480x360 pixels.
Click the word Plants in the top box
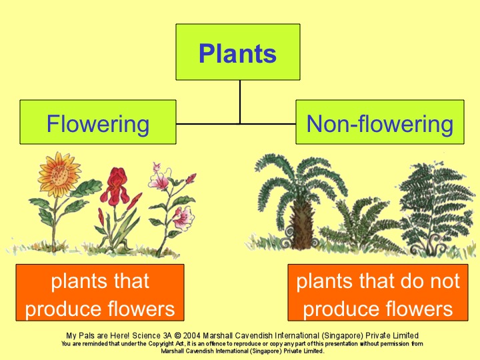coord(237,53)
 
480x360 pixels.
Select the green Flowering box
coord(98,123)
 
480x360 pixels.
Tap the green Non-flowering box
coord(379,123)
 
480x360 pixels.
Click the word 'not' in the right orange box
coord(444,281)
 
